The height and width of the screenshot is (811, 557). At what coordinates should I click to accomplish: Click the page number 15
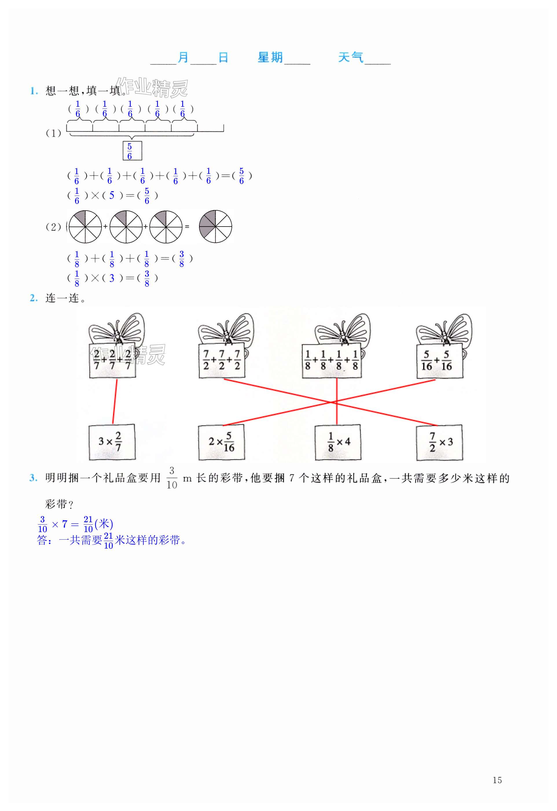(497, 780)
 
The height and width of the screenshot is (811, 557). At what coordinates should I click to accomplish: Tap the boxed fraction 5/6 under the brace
(132, 151)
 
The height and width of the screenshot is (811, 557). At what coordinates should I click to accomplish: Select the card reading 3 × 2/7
(112, 442)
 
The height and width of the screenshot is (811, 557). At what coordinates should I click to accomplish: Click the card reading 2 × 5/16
(221, 442)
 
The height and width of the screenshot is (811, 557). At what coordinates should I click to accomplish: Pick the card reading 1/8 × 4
(338, 442)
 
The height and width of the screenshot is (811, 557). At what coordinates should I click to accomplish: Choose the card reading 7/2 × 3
(440, 442)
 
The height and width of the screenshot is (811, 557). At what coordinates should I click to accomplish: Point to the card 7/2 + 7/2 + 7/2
(222, 361)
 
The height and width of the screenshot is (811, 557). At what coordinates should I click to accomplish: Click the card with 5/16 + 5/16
(440, 361)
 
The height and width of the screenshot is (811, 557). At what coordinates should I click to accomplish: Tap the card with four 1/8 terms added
(332, 361)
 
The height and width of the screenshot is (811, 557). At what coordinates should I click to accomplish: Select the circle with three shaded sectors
(215, 227)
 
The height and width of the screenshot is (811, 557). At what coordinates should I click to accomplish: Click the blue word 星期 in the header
(270, 58)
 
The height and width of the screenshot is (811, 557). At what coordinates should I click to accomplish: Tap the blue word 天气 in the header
(351, 58)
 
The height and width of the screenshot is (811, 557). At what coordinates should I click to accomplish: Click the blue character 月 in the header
(183, 58)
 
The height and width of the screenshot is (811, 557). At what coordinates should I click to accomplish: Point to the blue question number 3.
(34, 478)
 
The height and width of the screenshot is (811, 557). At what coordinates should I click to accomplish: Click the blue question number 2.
(34, 298)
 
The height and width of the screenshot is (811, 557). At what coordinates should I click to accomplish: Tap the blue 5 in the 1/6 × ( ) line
(112, 195)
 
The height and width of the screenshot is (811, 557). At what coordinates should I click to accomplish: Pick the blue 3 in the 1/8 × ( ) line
(112, 278)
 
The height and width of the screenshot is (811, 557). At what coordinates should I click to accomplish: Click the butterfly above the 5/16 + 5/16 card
(444, 329)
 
